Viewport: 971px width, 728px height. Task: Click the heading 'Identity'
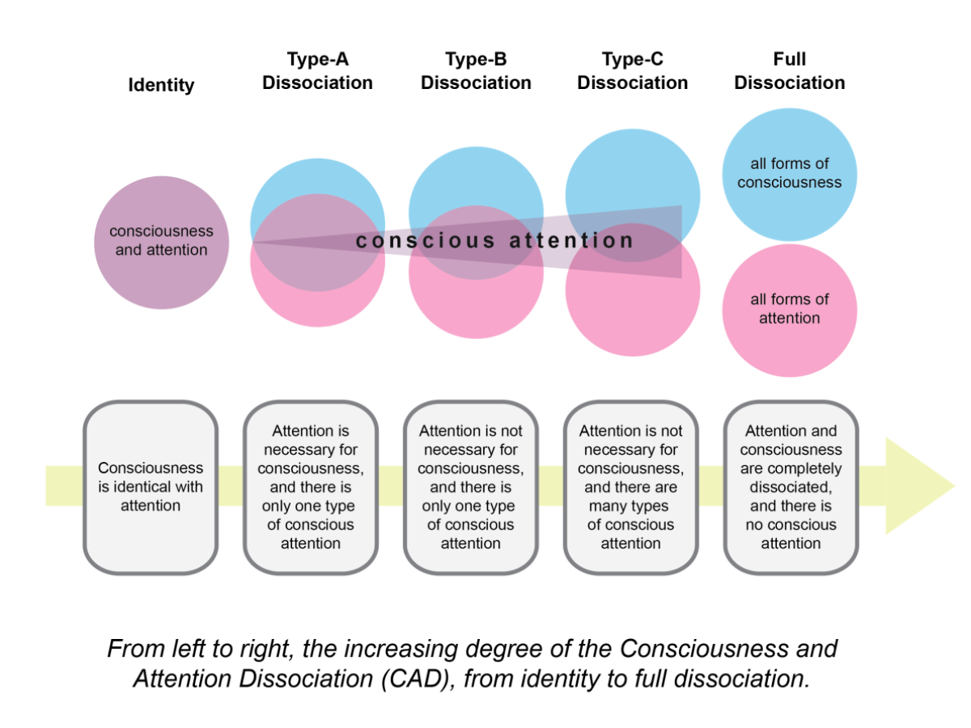click(161, 85)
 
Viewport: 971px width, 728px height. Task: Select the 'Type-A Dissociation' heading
click(317, 71)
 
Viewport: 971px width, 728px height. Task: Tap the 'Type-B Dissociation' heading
click(476, 71)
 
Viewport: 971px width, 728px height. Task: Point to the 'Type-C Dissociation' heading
click(633, 71)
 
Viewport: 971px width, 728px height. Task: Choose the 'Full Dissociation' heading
click(790, 71)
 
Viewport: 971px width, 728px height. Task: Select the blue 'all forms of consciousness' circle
click(789, 174)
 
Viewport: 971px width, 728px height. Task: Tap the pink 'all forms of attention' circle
click(789, 310)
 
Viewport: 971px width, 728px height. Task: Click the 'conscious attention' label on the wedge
click(494, 241)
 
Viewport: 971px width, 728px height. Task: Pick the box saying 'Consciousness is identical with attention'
click(151, 486)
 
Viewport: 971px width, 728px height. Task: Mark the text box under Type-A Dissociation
click(311, 486)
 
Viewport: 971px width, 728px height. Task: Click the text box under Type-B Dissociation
click(470, 486)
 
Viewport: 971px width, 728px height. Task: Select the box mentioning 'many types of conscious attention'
click(630, 486)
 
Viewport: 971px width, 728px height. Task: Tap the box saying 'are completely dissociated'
click(791, 486)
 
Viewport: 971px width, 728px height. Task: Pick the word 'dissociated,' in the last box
click(791, 487)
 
